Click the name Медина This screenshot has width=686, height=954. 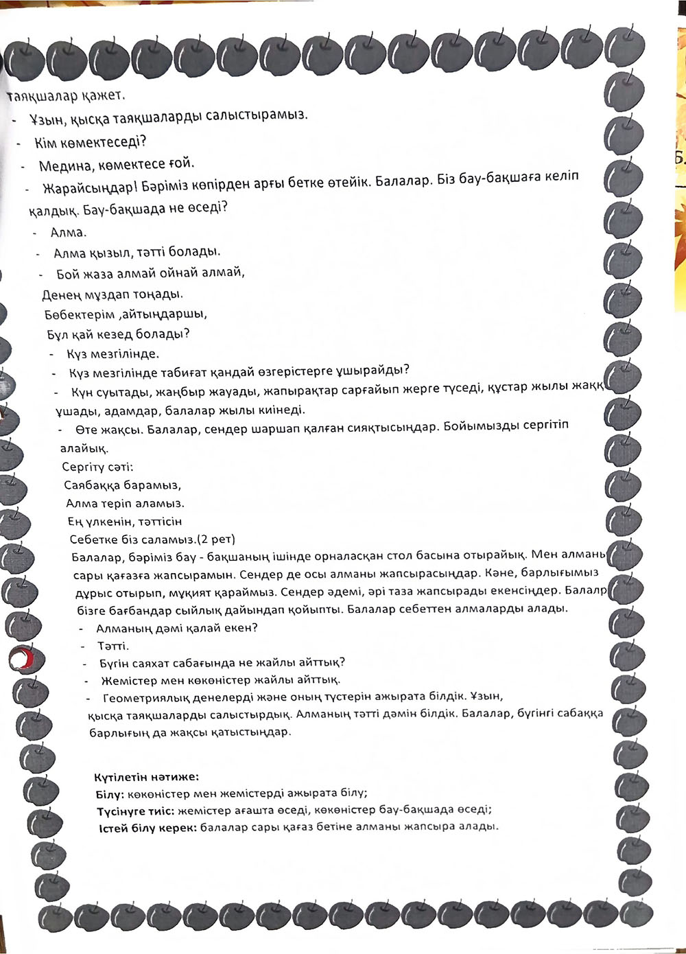point(62,165)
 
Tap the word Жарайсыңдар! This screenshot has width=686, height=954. point(84,189)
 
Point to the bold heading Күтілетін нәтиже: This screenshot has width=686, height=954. point(146,777)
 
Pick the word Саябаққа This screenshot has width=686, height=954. point(93,485)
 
